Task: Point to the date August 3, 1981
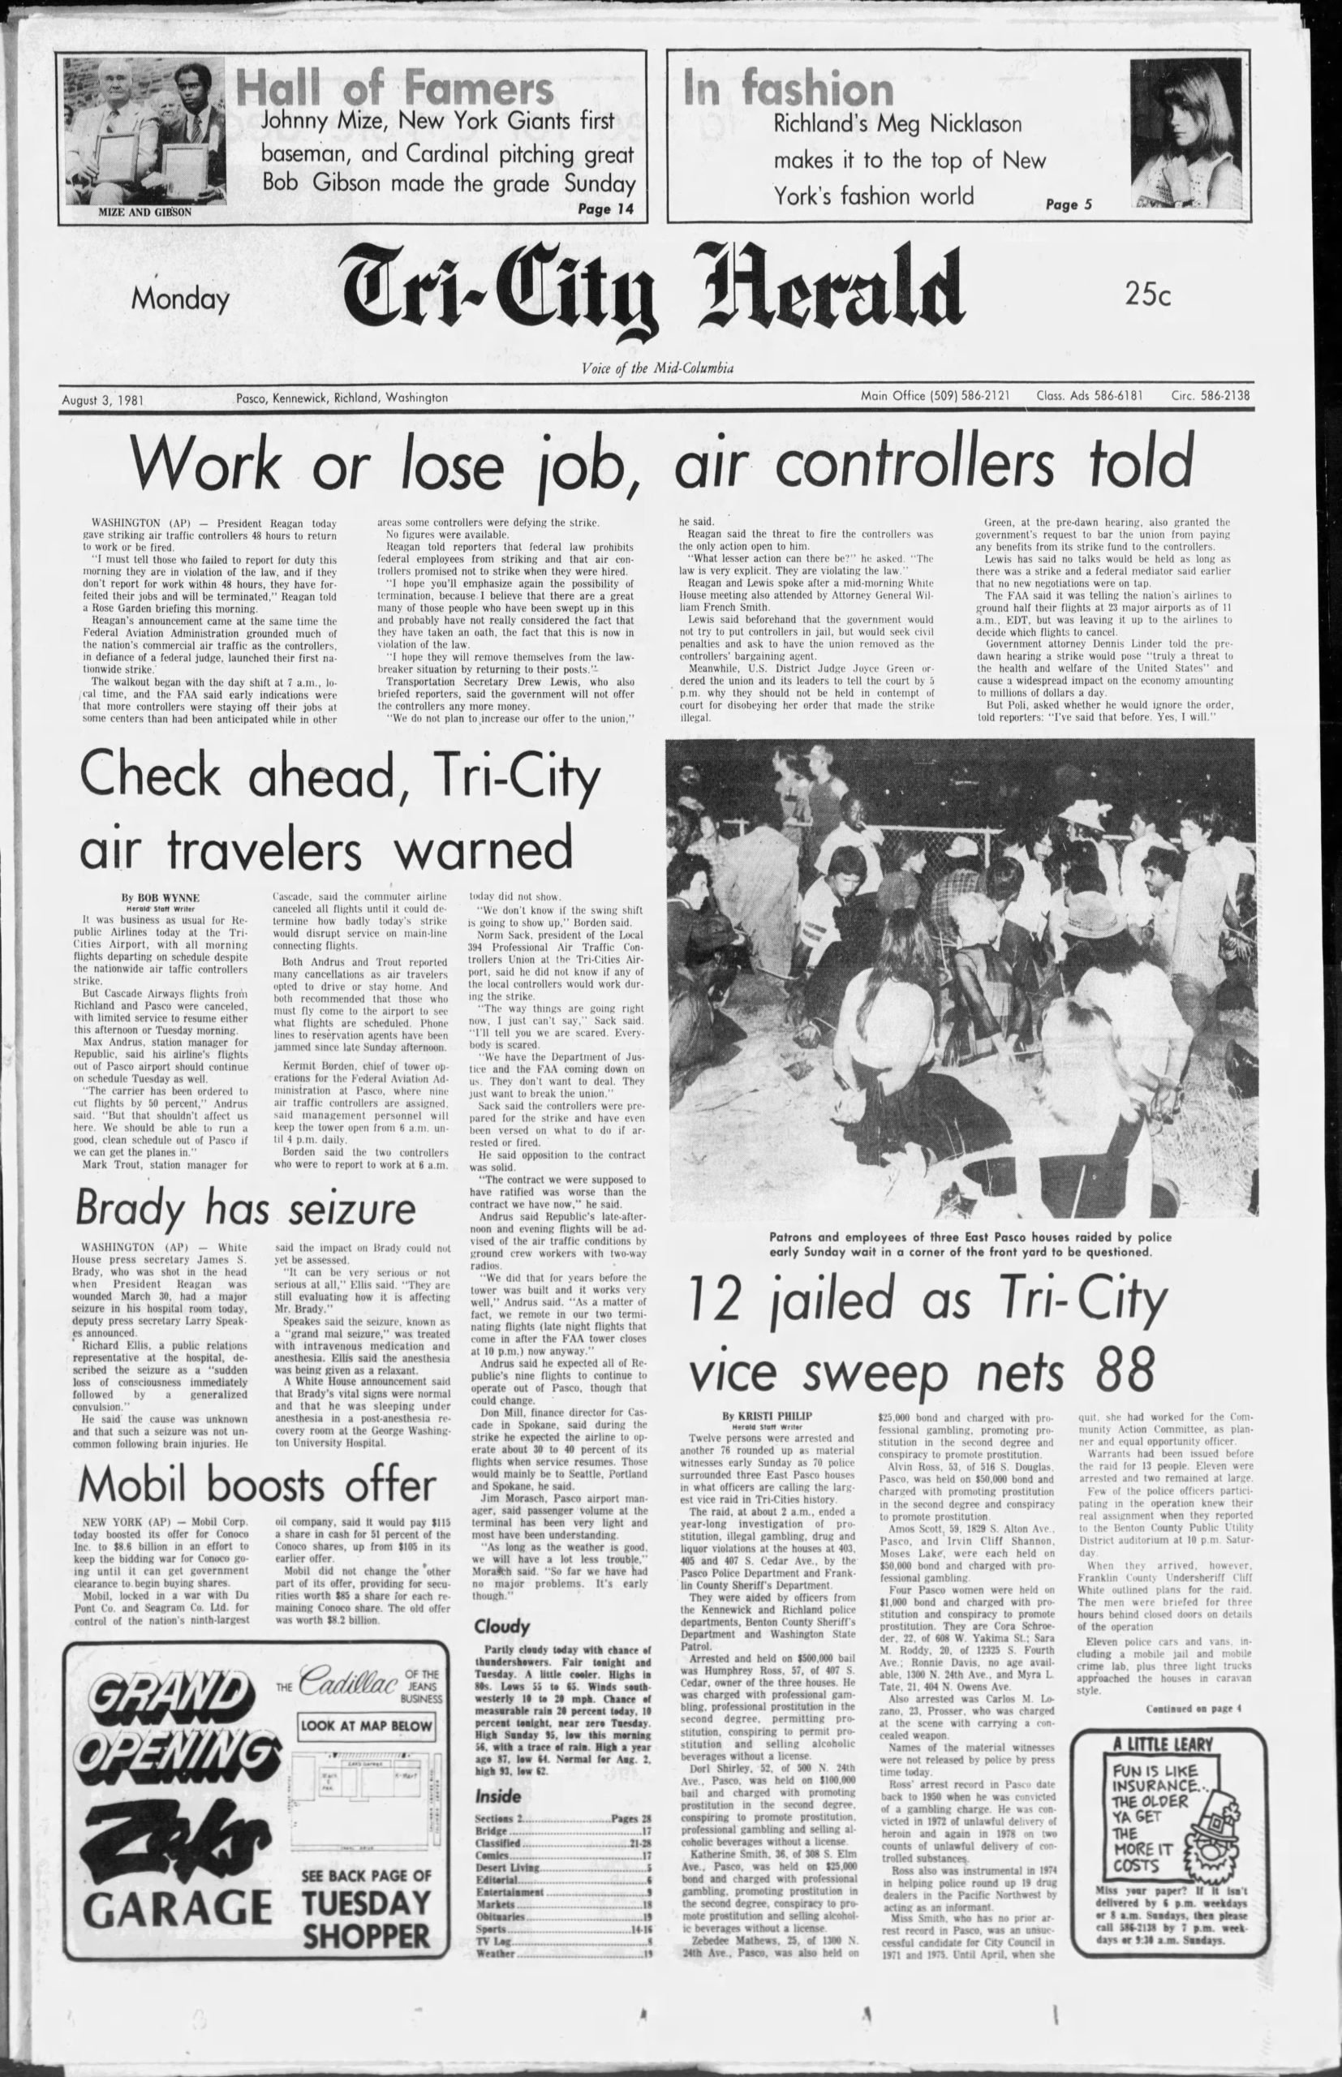click(103, 400)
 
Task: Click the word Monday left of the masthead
click(180, 299)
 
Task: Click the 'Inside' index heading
click(498, 1771)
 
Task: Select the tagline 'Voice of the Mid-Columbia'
click(657, 368)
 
